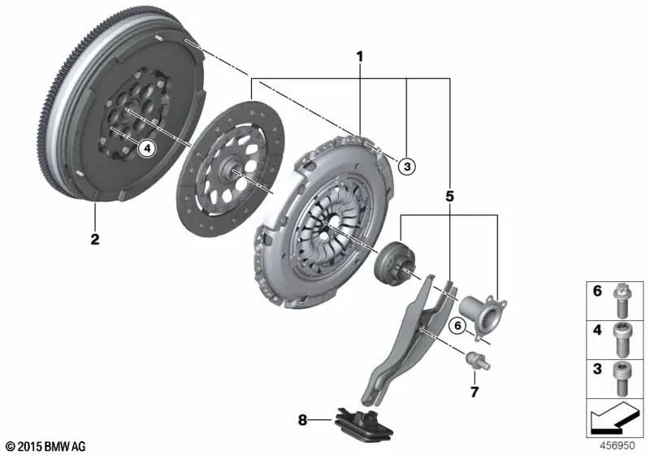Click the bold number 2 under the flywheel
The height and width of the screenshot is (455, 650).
pyautogui.click(x=95, y=240)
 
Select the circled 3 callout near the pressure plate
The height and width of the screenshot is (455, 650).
pyautogui.click(x=407, y=166)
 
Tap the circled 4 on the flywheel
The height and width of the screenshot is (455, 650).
pyautogui.click(x=146, y=148)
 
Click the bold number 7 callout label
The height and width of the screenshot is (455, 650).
pyautogui.click(x=475, y=392)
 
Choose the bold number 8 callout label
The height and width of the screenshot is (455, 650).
pyautogui.click(x=302, y=420)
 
